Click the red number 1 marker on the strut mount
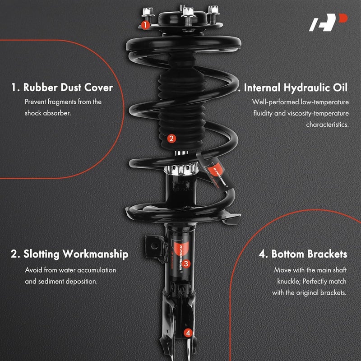pos(145,25)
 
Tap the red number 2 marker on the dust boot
pos(171,139)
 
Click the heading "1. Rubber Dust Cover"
pos(62,87)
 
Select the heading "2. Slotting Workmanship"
pos(69,254)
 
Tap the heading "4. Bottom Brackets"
pos(303,254)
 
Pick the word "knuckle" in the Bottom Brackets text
pos(290,281)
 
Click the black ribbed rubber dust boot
pos(176,108)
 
